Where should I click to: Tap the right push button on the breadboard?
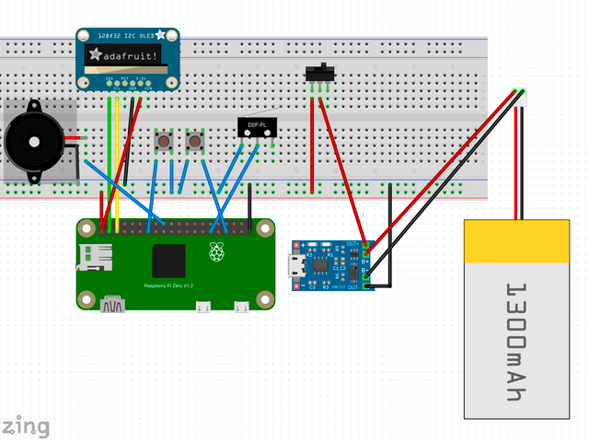click(194, 142)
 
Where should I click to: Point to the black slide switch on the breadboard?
click(319, 73)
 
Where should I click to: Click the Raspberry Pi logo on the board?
click(217, 251)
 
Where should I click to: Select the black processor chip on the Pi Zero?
click(171, 262)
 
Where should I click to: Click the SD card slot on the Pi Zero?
click(96, 257)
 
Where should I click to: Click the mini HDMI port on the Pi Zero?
click(115, 303)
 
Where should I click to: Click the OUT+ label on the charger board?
click(353, 244)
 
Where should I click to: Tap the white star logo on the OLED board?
click(162, 34)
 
